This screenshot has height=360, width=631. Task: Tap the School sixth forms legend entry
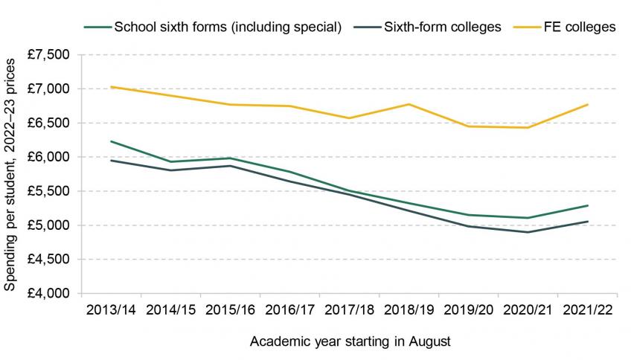226,28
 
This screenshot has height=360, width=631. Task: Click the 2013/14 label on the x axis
111,308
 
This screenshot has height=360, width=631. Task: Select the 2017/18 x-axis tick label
348,308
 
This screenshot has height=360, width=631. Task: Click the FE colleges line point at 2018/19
409,104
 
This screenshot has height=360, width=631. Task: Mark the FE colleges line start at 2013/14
111,87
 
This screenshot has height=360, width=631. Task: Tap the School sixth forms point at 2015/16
230,158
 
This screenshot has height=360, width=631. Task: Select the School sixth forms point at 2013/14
111,141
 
